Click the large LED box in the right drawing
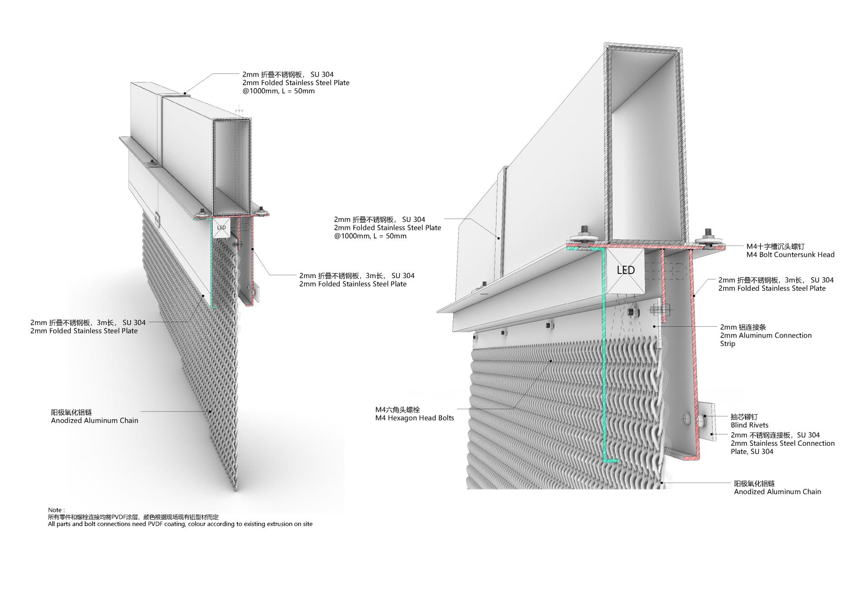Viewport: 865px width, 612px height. (625, 270)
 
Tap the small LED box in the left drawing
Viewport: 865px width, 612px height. (221, 228)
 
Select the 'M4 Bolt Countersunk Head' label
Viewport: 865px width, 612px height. (790, 255)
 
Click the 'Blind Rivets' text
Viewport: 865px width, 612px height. (749, 425)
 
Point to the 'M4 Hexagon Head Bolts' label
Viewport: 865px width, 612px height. (414, 418)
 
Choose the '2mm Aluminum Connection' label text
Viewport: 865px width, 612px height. (766, 335)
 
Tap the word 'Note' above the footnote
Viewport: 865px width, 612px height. (56, 510)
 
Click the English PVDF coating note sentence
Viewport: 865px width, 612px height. (180, 524)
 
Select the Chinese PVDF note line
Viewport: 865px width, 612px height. (133, 517)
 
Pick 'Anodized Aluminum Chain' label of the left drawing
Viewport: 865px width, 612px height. (95, 420)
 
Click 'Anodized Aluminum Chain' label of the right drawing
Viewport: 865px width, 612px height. (778, 492)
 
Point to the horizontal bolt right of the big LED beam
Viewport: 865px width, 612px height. (660, 310)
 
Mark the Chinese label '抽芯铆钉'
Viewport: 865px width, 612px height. (744, 417)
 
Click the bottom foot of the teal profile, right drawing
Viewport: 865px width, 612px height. (611, 461)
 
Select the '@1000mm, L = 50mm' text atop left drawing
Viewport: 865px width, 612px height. (278, 91)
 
